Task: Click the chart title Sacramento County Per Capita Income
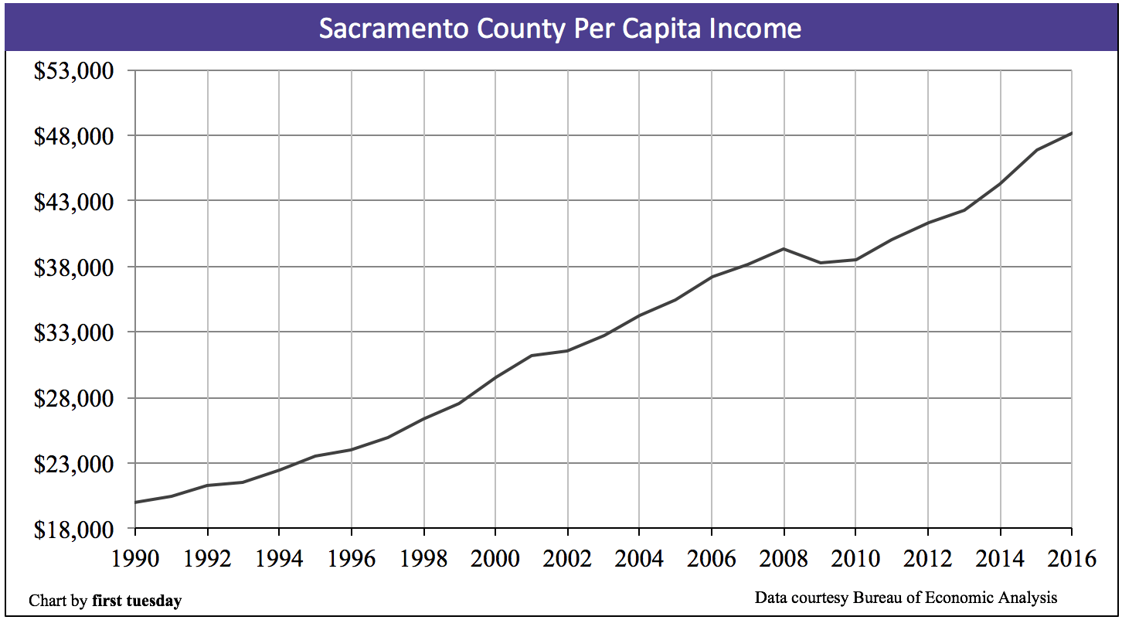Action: click(560, 29)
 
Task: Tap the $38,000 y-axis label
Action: click(74, 267)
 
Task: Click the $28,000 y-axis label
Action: click(74, 399)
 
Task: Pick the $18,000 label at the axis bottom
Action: click(74, 530)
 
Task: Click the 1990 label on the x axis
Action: click(135, 558)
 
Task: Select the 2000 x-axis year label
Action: click(495, 558)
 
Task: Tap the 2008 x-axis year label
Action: click(784, 558)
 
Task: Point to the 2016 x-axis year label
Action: click(1070, 558)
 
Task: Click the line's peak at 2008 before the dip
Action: click(784, 249)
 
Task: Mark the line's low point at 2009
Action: click(819, 263)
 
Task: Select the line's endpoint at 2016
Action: click(1071, 134)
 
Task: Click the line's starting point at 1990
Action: click(136, 502)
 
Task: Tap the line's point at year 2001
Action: click(532, 356)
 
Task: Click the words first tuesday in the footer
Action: click(137, 601)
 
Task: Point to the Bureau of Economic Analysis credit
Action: click(954, 598)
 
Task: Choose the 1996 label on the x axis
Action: click(352, 558)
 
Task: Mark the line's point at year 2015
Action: click(1035, 150)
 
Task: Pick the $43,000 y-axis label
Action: click(74, 202)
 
